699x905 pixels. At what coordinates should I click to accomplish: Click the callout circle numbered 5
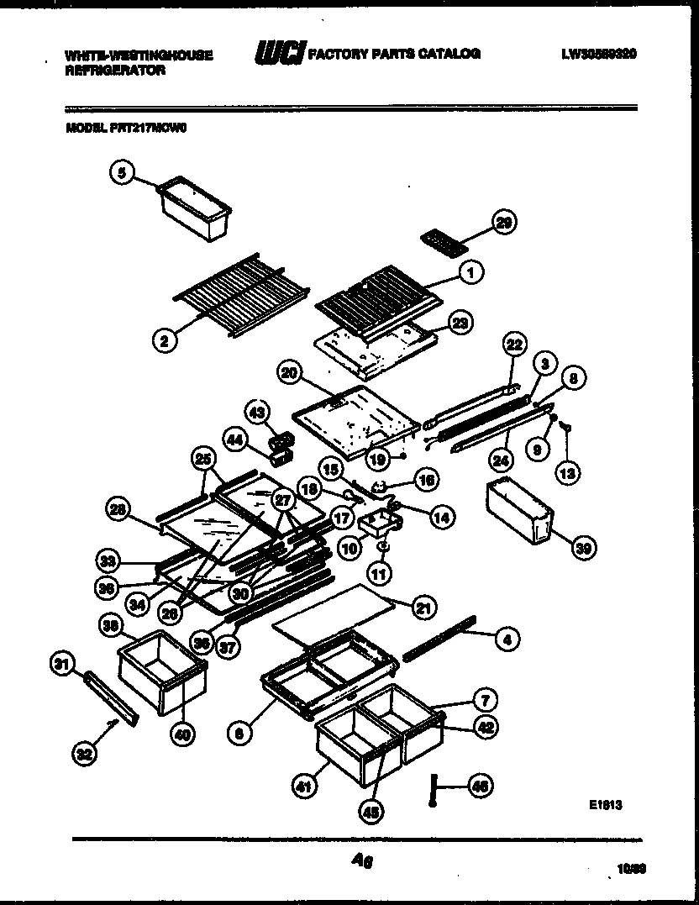click(x=123, y=173)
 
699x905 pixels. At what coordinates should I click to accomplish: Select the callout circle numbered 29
click(x=504, y=222)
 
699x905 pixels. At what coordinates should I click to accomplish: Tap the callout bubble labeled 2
click(x=166, y=340)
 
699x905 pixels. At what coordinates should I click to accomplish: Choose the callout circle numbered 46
click(x=481, y=787)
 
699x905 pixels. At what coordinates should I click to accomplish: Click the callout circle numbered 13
click(x=568, y=474)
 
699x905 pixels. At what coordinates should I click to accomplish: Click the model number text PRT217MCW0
click(x=152, y=129)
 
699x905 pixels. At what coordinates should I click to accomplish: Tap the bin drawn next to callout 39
click(x=518, y=511)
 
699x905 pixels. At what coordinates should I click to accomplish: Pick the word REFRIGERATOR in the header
click(x=114, y=71)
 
